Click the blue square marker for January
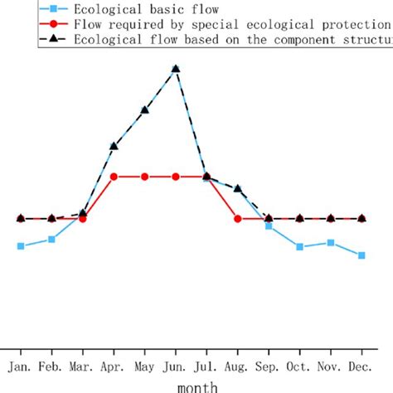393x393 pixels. (21, 246)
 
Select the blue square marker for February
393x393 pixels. (52, 240)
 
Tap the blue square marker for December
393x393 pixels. (361, 255)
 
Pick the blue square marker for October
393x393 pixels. (299, 247)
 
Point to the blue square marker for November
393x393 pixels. (331, 243)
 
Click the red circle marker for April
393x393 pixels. (114, 177)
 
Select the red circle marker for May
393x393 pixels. (145, 177)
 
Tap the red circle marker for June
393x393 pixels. (176, 177)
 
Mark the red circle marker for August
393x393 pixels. (238, 219)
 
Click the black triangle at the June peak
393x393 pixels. (176, 70)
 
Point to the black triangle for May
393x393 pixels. (145, 109)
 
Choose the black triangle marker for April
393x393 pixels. (114, 147)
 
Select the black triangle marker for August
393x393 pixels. (238, 189)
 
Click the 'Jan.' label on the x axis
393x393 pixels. (21, 366)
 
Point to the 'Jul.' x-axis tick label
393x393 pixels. (206, 366)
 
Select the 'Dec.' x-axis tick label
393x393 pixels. (361, 366)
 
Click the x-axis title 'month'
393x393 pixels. (196, 386)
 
